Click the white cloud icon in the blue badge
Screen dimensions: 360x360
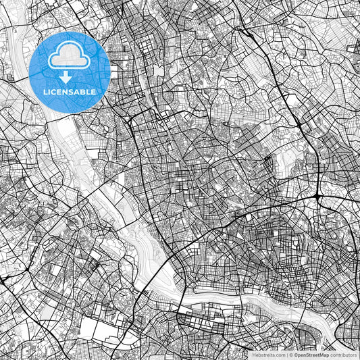70,56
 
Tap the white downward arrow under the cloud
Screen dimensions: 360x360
70,77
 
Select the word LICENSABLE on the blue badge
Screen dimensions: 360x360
70,91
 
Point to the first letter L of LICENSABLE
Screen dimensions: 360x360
45,91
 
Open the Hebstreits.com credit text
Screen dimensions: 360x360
268,355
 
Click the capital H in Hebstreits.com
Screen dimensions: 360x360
254,355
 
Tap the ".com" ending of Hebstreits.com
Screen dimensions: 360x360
279,355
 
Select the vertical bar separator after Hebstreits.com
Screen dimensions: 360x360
286,355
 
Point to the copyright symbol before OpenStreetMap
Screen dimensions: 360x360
291,355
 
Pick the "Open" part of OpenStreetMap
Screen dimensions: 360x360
301,355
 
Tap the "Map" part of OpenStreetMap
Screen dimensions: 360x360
324,355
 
